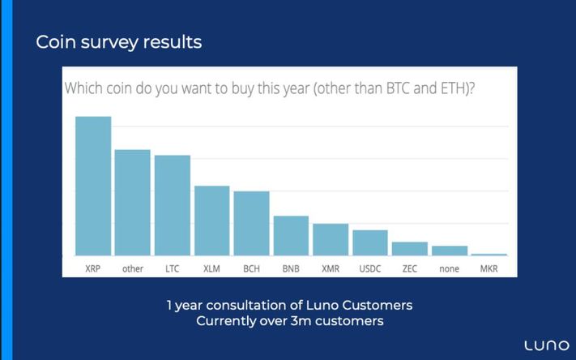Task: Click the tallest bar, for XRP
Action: (93, 186)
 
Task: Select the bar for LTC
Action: (173, 205)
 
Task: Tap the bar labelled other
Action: (133, 202)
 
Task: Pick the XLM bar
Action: (212, 221)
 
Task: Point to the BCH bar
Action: (252, 223)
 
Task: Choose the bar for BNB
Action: (291, 235)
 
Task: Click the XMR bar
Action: (331, 239)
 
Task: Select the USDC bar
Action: (370, 242)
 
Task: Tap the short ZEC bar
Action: (410, 249)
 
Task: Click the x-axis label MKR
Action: (489, 269)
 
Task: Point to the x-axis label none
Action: (450, 269)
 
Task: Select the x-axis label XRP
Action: (93, 269)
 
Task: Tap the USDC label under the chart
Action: (370, 269)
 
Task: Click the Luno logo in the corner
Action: (547, 345)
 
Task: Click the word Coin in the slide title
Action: (56, 42)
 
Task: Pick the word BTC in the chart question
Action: (399, 88)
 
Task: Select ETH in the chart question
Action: (454, 88)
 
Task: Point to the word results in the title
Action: (173, 42)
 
